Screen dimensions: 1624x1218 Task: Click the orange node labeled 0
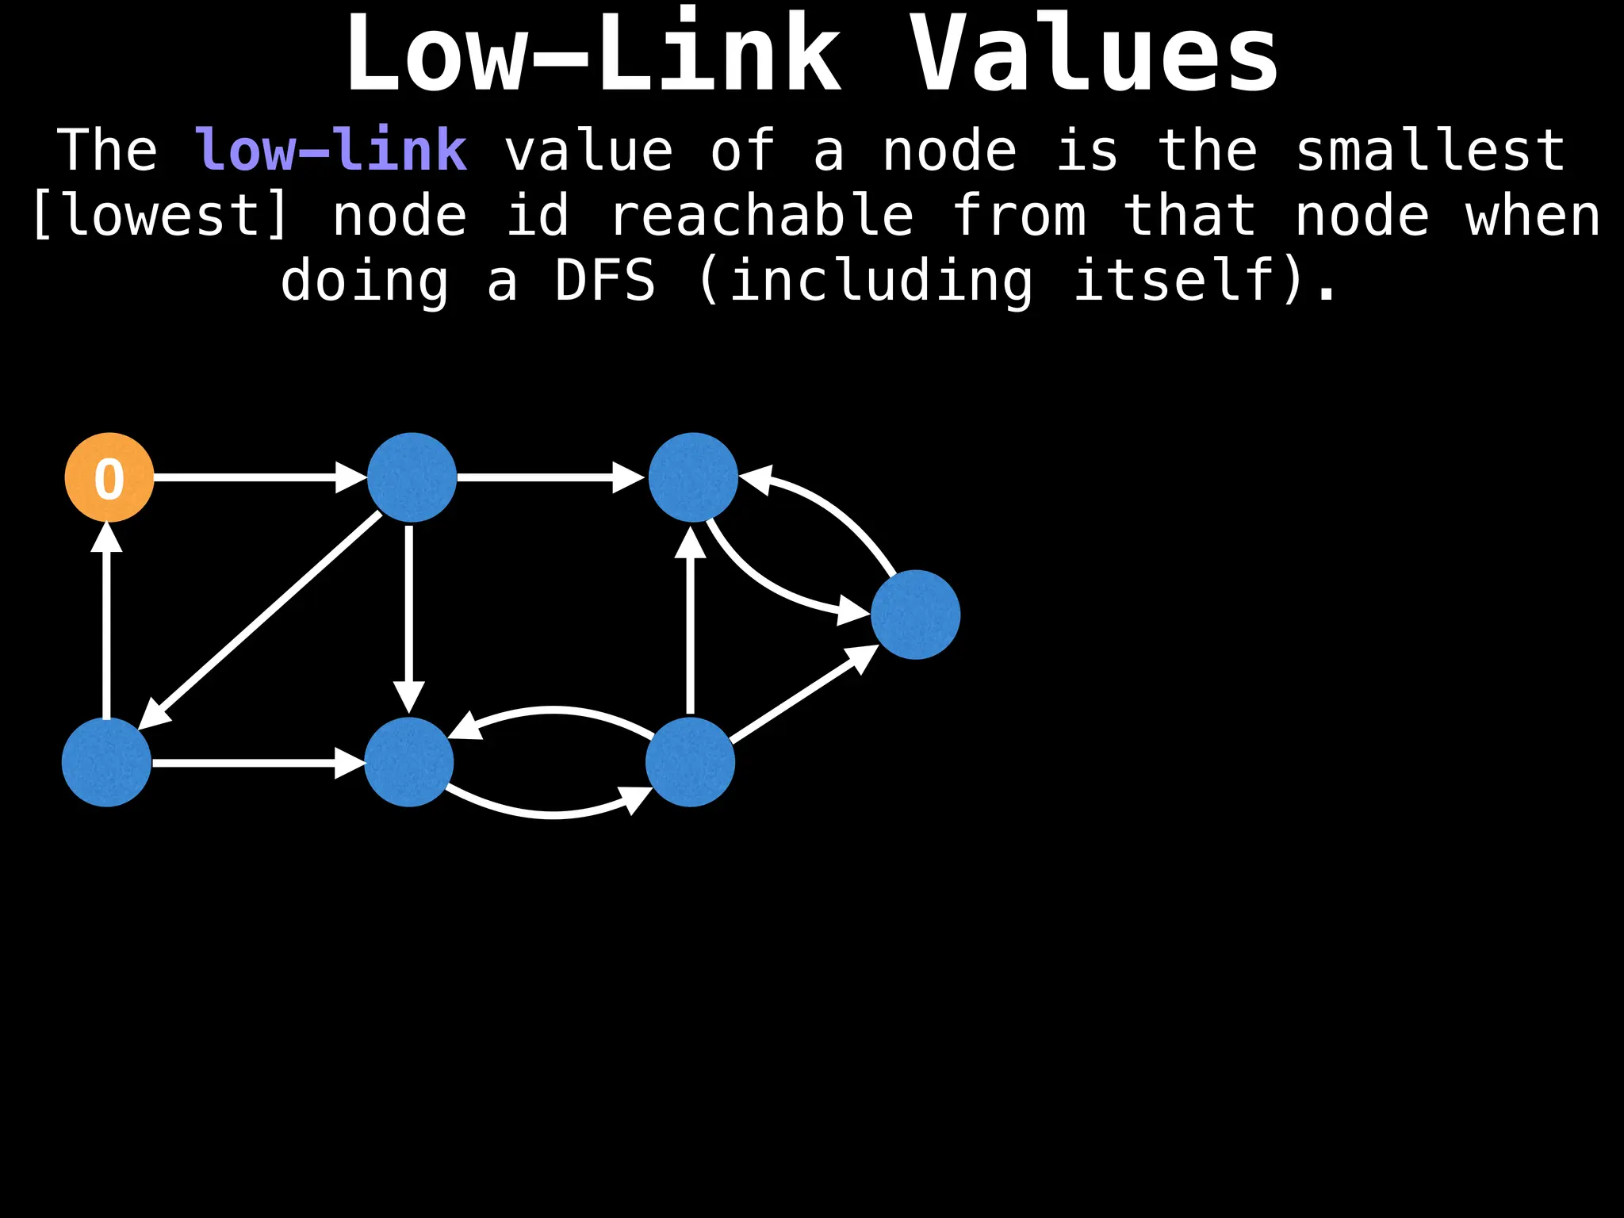pos(109,477)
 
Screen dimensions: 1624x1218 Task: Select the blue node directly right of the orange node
pos(412,477)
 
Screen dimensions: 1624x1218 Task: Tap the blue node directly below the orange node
pos(106,762)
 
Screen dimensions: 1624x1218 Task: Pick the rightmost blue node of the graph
pos(915,615)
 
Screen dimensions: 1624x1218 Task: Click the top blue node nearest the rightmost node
pos(693,477)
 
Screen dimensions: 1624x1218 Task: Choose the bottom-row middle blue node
pos(408,762)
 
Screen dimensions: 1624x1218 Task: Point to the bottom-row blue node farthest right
pos(690,762)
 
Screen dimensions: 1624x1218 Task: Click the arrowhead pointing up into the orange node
pos(106,537)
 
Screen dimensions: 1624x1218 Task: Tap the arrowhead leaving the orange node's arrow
pos(350,477)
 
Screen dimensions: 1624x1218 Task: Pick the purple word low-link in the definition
pos(331,150)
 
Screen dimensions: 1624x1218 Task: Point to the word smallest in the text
pos(1430,150)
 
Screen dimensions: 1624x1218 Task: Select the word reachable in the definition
pos(762,216)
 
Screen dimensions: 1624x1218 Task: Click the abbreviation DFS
pos(605,281)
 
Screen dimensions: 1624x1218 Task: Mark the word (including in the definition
pos(866,281)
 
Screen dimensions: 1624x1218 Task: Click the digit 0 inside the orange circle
pos(109,479)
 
